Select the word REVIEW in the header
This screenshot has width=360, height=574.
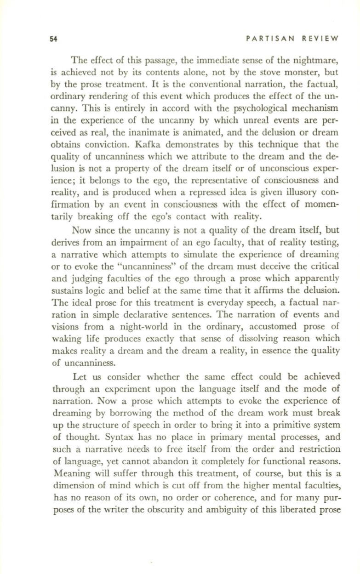point(321,39)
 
